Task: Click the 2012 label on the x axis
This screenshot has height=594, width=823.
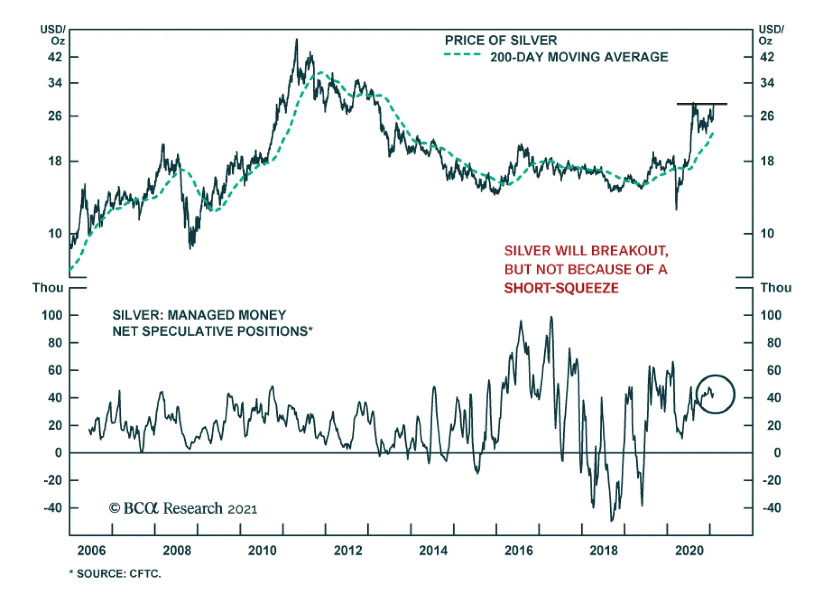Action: point(348,550)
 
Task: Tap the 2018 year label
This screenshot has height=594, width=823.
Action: point(603,550)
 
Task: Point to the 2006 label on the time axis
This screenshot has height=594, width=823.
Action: point(92,550)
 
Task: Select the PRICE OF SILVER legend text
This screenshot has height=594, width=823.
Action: point(500,40)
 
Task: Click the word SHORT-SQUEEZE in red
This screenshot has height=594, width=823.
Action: point(561,288)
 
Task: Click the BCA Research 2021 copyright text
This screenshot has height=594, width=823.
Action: point(183,509)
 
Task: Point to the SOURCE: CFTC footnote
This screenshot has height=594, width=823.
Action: point(116,573)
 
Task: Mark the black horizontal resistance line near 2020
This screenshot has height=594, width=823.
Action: point(702,104)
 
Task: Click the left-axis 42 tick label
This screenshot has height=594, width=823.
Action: point(55,57)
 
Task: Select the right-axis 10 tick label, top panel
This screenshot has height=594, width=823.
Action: point(767,234)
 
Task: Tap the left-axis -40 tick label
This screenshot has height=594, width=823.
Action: point(52,508)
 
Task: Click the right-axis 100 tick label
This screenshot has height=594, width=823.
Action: point(771,315)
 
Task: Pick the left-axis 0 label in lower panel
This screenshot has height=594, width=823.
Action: point(58,453)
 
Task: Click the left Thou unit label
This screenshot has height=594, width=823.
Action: point(48,288)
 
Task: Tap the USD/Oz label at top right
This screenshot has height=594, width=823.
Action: point(771,34)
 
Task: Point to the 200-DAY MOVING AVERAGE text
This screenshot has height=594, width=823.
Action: point(579,57)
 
